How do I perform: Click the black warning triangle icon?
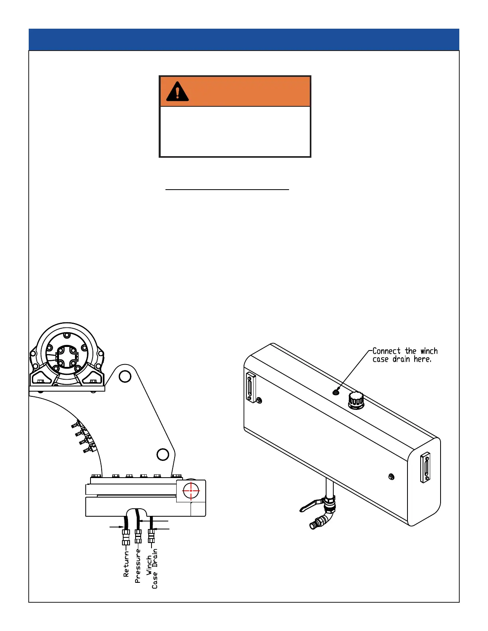pos(177,91)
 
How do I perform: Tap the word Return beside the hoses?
pos(126,564)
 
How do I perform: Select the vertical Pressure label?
pos(138,566)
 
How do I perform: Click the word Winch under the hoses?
pos(149,566)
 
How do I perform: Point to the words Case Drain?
pos(155,569)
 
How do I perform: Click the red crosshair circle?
pos(191,491)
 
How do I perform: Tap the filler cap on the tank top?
pos(356,400)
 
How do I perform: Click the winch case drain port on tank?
pos(336,392)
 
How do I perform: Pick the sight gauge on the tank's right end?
pos(425,467)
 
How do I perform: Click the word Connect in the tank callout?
pos(386,351)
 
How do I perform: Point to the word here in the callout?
pos(422,359)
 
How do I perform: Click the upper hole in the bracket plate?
pos(125,376)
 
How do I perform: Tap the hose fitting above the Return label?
pos(126,537)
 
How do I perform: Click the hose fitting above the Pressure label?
pos(138,536)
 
